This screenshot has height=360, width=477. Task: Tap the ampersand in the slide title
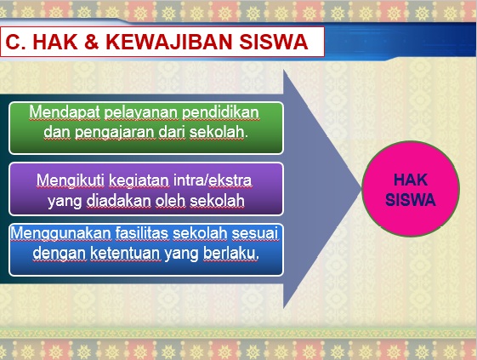point(92,42)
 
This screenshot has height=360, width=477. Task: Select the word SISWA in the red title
point(274,42)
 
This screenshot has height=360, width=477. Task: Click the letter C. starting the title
point(15,42)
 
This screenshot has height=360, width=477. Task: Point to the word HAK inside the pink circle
point(411,180)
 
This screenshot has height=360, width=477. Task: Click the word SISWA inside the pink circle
point(411,200)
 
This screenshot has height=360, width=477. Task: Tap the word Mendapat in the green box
point(65,112)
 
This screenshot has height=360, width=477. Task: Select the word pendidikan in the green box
point(220,112)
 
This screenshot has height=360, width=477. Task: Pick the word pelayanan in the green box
point(141,113)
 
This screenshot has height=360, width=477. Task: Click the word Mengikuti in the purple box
point(71,180)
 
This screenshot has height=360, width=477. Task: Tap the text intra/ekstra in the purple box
point(213,180)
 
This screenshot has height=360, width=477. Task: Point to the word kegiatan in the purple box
point(139,181)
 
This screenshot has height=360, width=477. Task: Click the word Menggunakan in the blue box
point(61,234)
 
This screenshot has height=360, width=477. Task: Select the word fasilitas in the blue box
point(142,233)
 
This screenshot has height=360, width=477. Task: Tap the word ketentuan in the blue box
point(125,254)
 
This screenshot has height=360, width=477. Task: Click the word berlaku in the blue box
point(230,254)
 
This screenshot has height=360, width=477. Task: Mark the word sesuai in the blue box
point(255,234)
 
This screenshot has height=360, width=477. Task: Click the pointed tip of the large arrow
point(361,189)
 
